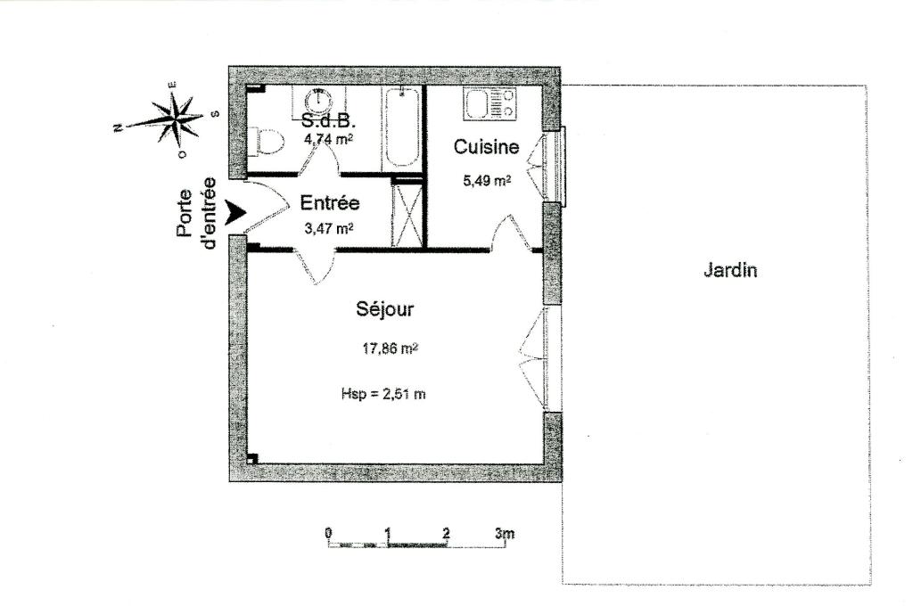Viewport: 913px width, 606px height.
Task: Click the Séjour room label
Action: click(385, 310)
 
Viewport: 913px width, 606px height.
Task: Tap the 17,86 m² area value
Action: click(391, 348)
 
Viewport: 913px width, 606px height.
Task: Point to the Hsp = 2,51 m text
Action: click(383, 394)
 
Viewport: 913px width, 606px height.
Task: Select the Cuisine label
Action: click(486, 147)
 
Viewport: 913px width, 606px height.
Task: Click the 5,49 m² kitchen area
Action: click(487, 180)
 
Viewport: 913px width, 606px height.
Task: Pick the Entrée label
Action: click(330, 203)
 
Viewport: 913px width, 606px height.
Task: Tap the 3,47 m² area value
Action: click(329, 227)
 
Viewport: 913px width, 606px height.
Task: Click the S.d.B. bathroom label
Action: click(329, 121)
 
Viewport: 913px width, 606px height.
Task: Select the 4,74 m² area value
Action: click(329, 139)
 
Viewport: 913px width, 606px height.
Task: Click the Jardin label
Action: click(730, 271)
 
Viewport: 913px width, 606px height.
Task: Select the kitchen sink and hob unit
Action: click(489, 103)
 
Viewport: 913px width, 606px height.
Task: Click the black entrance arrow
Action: click(235, 212)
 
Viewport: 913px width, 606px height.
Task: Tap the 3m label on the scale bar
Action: click(505, 533)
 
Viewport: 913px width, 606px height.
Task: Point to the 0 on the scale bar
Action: click(329, 533)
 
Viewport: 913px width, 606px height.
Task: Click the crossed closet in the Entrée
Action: click(406, 214)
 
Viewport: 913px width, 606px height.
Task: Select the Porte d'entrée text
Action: click(196, 213)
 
